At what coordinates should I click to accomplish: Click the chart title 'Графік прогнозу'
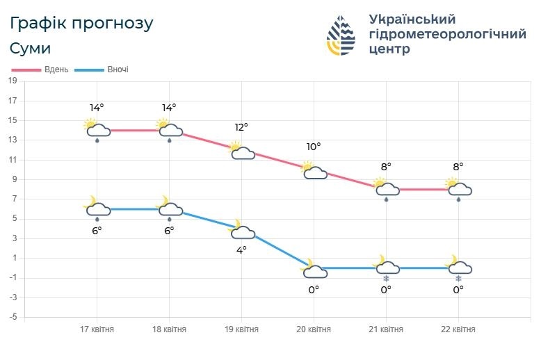tap(82, 23)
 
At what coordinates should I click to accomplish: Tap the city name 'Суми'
tap(31, 49)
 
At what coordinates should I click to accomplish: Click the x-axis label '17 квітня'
tap(97, 329)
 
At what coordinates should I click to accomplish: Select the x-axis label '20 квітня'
tap(314, 329)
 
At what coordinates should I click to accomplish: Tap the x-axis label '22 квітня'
tap(458, 329)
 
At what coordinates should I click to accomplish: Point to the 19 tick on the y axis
tap(12, 81)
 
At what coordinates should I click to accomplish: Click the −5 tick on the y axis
tap(12, 317)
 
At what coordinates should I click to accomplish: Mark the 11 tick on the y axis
tap(12, 159)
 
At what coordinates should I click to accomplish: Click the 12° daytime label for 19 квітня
tap(241, 127)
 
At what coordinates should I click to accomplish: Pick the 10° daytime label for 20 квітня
tap(314, 147)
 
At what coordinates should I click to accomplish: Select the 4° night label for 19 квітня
tap(241, 249)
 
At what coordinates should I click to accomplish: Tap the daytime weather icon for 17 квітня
tap(96, 129)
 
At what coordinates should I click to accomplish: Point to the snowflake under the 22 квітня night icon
tap(458, 279)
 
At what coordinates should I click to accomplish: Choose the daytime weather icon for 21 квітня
tap(385, 188)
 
